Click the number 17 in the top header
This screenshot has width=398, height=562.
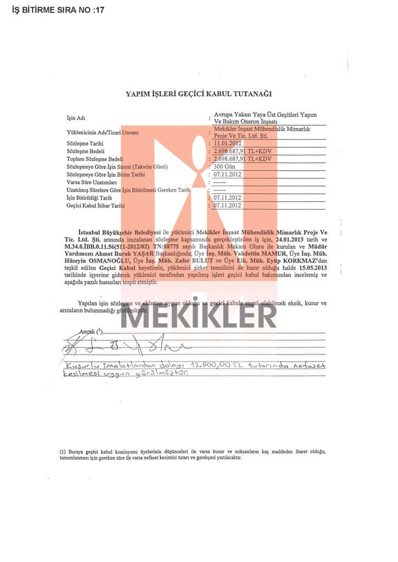point(98,10)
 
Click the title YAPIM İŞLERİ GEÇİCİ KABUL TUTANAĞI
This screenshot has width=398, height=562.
point(198,94)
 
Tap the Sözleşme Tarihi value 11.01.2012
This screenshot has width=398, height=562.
point(228,143)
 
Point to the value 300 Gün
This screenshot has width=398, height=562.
point(225,166)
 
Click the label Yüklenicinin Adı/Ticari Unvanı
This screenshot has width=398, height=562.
point(102,132)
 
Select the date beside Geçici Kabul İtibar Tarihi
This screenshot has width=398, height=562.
point(228,205)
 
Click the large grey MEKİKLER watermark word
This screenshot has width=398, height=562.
point(198,316)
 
